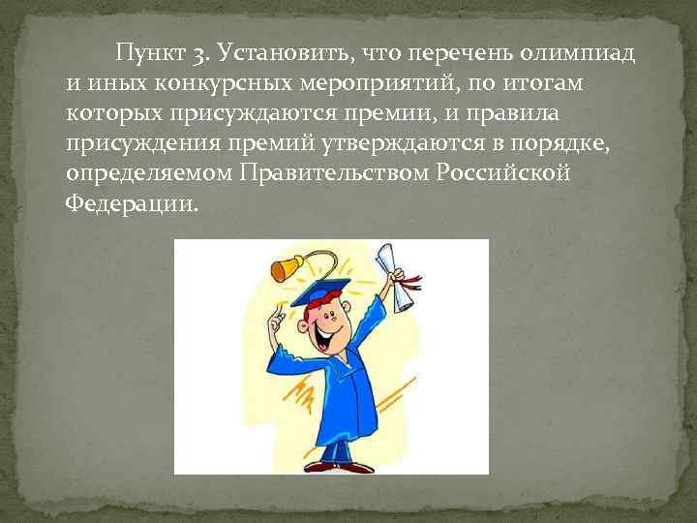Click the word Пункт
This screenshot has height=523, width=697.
click(146, 54)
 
